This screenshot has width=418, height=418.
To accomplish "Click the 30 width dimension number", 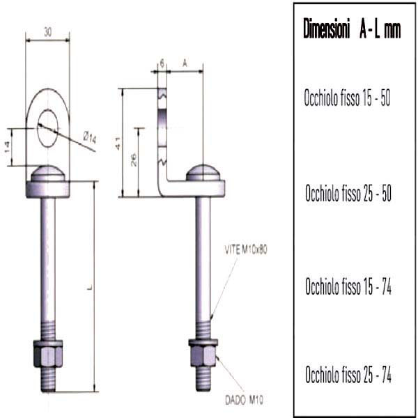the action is coord(47,32).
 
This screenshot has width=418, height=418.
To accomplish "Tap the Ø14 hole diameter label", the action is coord(90,138).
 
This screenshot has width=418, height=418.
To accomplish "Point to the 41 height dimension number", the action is coord(117,143).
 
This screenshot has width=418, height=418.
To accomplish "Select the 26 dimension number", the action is coord(134,160).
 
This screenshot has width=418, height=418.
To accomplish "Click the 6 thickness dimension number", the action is coord(162,63).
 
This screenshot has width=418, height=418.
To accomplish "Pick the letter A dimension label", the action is coord(185,63).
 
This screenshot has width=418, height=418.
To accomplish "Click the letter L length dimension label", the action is coord(90,287).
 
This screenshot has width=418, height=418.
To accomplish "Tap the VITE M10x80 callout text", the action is coord(246,250).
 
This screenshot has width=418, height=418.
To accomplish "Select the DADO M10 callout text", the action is coord(245,400).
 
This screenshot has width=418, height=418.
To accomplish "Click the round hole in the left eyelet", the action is coord(47,128).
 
